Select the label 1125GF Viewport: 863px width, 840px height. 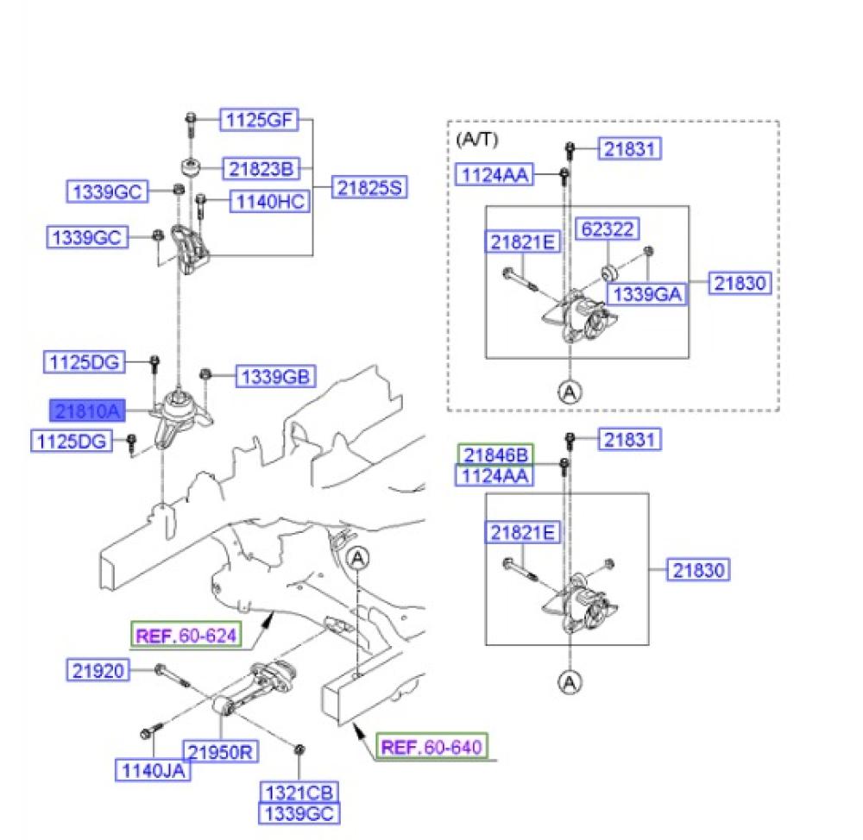coord(259,121)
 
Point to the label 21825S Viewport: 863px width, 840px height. coord(369,187)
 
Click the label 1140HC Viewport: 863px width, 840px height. coord(268,203)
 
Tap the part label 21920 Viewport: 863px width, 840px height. coord(98,668)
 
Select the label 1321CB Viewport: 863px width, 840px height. coord(299,792)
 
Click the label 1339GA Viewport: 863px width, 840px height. coord(647,294)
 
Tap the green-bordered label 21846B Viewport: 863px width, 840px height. coord(496,454)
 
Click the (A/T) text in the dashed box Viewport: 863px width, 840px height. coord(476,138)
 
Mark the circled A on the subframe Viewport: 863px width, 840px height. coord(358,558)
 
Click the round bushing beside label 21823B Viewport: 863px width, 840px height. coord(189,166)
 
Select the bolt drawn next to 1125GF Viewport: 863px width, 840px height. coord(190,124)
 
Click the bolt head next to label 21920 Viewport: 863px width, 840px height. coord(161,669)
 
